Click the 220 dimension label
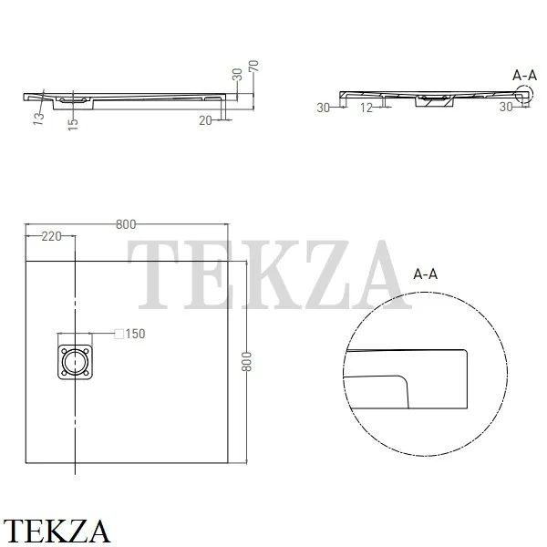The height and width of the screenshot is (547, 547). click(x=52, y=236)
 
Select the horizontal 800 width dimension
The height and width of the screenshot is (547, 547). click(x=126, y=224)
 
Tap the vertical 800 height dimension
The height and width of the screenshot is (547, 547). click(x=247, y=361)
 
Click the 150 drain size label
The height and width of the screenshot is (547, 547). click(x=135, y=334)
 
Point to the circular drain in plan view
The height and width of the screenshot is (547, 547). click(x=75, y=362)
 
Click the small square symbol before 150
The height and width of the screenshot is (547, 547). click(x=119, y=334)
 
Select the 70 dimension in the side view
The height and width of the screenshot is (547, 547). click(x=253, y=67)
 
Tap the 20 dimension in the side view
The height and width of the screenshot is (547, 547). click(x=205, y=120)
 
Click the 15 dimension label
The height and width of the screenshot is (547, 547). click(x=73, y=124)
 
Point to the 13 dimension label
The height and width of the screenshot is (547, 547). click(x=38, y=119)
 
